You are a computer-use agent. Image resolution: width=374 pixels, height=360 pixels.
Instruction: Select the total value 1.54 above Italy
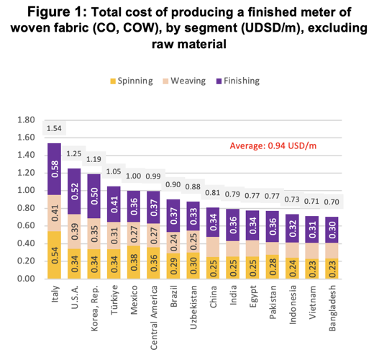pyautogui.click(x=55, y=128)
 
